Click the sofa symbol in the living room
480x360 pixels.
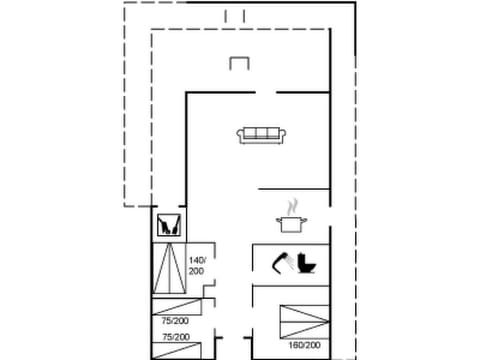tap(263, 134)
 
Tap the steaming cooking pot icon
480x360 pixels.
tap(293, 220)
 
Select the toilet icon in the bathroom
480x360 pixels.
tap(307, 263)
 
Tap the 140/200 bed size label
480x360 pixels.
tap(196, 266)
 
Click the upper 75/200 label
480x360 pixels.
tap(175, 321)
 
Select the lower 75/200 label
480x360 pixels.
tap(175, 338)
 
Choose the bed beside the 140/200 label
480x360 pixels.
tap(168, 269)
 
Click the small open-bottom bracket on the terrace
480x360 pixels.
tap(238, 64)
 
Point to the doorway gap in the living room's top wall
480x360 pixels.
tap(265, 92)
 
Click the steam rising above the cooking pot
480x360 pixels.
tap(293, 203)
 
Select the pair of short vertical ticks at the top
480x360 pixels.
tap(235, 15)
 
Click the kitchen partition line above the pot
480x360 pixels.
tap(292, 187)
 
